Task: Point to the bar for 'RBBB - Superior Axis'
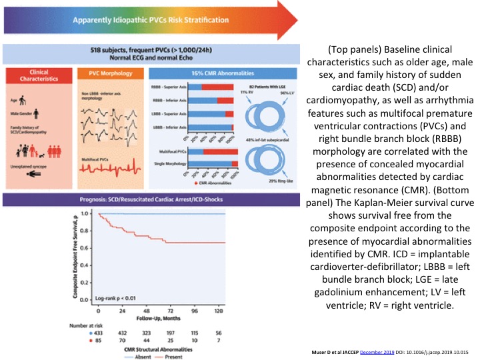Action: click(212, 87)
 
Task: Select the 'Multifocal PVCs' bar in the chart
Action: click(212, 151)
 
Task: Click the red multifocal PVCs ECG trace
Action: click(107, 169)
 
